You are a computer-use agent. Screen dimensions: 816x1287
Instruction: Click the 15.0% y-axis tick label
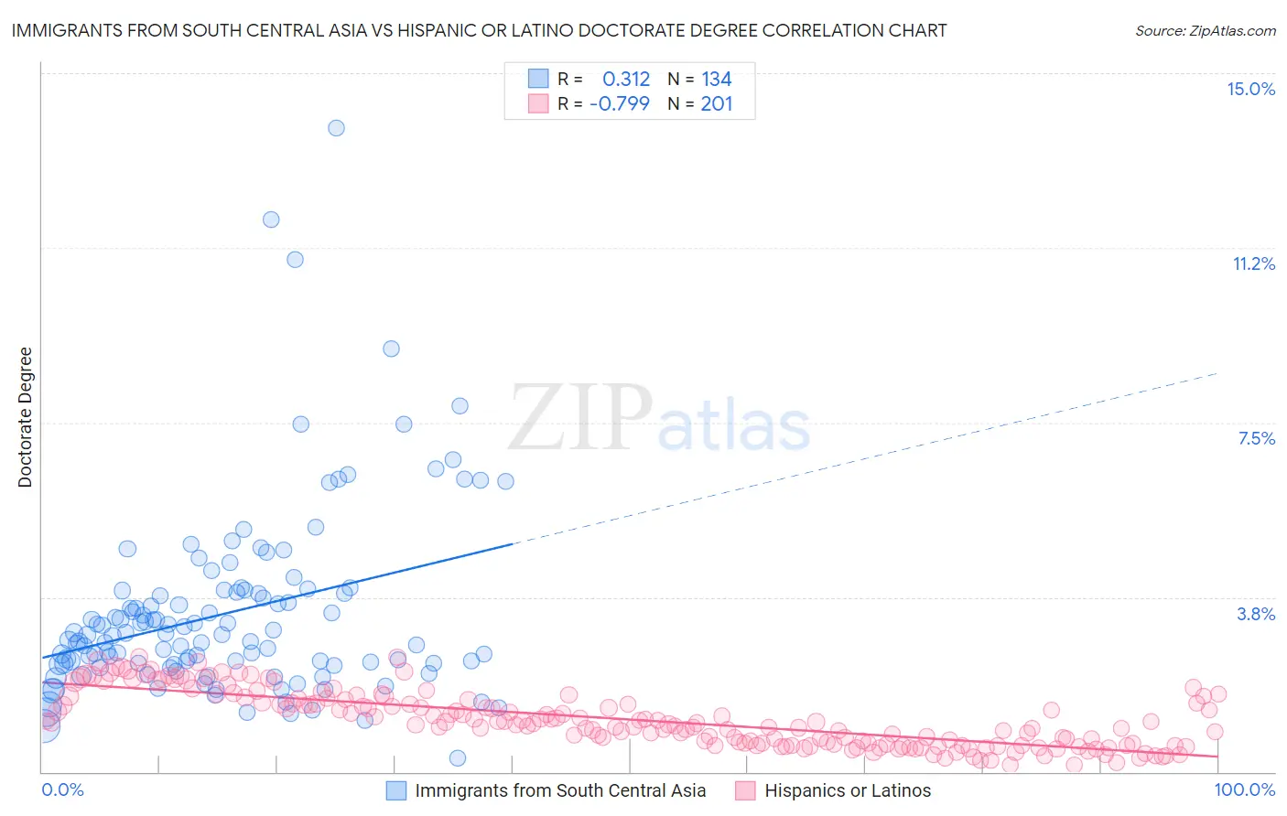pyautogui.click(x=1250, y=89)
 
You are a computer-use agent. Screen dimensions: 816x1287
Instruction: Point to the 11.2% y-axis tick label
pyautogui.click(x=1253, y=263)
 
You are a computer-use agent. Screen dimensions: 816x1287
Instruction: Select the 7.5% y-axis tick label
pyautogui.click(x=1256, y=438)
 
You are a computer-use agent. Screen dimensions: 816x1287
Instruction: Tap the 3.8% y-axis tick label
pyautogui.click(x=1256, y=614)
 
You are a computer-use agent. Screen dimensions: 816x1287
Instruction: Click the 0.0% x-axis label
pyautogui.click(x=62, y=789)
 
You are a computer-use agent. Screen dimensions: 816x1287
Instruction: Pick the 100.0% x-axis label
pyautogui.click(x=1244, y=789)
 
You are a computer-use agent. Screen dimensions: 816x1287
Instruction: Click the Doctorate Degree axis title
pyautogui.click(x=25, y=417)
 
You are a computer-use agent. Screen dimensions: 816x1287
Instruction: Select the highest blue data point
pyautogui.click(x=336, y=128)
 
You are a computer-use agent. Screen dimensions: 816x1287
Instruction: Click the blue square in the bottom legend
pyautogui.click(x=395, y=790)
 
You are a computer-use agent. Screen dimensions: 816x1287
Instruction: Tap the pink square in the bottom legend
pyautogui.click(x=745, y=790)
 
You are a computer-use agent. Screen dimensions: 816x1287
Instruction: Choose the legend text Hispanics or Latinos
pyautogui.click(x=848, y=790)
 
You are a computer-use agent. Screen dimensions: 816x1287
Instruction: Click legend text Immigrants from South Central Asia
pyautogui.click(x=560, y=790)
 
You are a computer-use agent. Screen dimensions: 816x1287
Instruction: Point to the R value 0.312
pyautogui.click(x=626, y=80)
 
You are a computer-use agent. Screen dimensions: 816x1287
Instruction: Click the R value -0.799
pyautogui.click(x=620, y=103)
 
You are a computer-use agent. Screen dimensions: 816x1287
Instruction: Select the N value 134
pyautogui.click(x=717, y=80)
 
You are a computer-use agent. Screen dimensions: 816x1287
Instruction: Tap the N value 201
pyautogui.click(x=717, y=103)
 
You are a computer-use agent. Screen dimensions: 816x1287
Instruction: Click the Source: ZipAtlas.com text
pyautogui.click(x=1205, y=30)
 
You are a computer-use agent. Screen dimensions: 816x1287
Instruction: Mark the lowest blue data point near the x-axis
pyautogui.click(x=458, y=757)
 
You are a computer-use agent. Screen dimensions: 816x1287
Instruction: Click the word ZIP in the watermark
pyautogui.click(x=580, y=417)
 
